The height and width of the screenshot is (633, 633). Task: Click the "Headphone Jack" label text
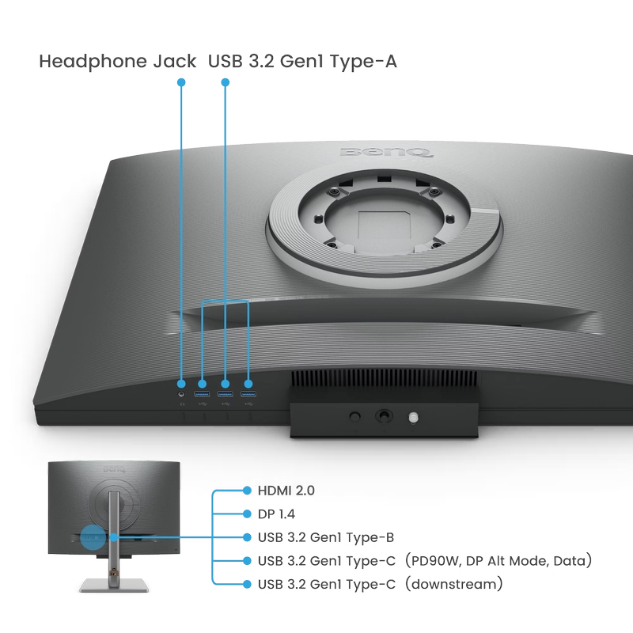tap(117, 62)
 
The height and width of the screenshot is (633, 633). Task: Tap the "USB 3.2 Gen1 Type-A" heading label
tap(302, 62)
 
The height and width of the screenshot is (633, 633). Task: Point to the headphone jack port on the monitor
tap(181, 394)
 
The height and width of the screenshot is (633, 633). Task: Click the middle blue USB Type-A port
tap(225, 394)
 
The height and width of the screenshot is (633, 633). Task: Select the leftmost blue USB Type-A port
tap(202, 394)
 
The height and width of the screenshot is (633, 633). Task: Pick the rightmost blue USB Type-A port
tap(248, 394)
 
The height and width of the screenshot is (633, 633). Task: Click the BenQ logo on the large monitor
tap(386, 152)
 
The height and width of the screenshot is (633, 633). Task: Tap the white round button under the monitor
tap(413, 418)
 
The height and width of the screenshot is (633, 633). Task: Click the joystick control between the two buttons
tap(384, 415)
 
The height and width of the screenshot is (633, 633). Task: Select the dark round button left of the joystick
tap(354, 416)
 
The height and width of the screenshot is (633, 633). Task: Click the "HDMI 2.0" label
tap(286, 491)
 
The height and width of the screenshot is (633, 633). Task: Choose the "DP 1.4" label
tap(276, 514)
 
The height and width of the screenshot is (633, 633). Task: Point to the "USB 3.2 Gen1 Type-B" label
tap(326, 537)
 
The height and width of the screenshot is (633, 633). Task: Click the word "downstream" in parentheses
tap(454, 584)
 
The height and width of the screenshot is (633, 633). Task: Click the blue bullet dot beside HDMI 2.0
tap(247, 491)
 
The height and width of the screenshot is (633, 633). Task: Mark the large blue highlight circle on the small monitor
tap(93, 537)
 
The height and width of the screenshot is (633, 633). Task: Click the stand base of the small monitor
tap(114, 585)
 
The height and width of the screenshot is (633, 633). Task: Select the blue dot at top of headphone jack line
tap(181, 82)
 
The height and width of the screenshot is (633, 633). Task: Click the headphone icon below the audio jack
tap(182, 404)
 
